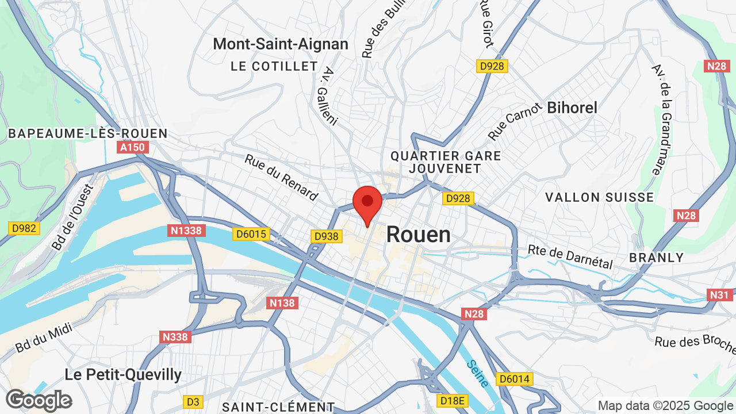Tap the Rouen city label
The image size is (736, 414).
click(418, 235)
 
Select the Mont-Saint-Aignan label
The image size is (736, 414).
click(281, 44)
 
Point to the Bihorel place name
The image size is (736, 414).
click(572, 108)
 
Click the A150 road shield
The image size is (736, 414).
click(133, 148)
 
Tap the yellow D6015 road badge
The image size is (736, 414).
click(251, 234)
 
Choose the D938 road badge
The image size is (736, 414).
click(327, 236)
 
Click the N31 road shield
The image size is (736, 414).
click(719, 295)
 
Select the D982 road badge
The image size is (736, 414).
click(24, 228)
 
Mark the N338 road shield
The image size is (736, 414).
click(176, 336)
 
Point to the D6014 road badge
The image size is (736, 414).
click(515, 379)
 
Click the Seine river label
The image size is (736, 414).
click(478, 373)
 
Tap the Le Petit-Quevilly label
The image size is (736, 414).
click(123, 375)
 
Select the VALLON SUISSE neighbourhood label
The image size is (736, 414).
click(600, 197)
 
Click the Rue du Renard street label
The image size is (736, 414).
click(281, 178)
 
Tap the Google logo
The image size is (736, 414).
click(39, 400)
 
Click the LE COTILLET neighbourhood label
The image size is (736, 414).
click(274, 67)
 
